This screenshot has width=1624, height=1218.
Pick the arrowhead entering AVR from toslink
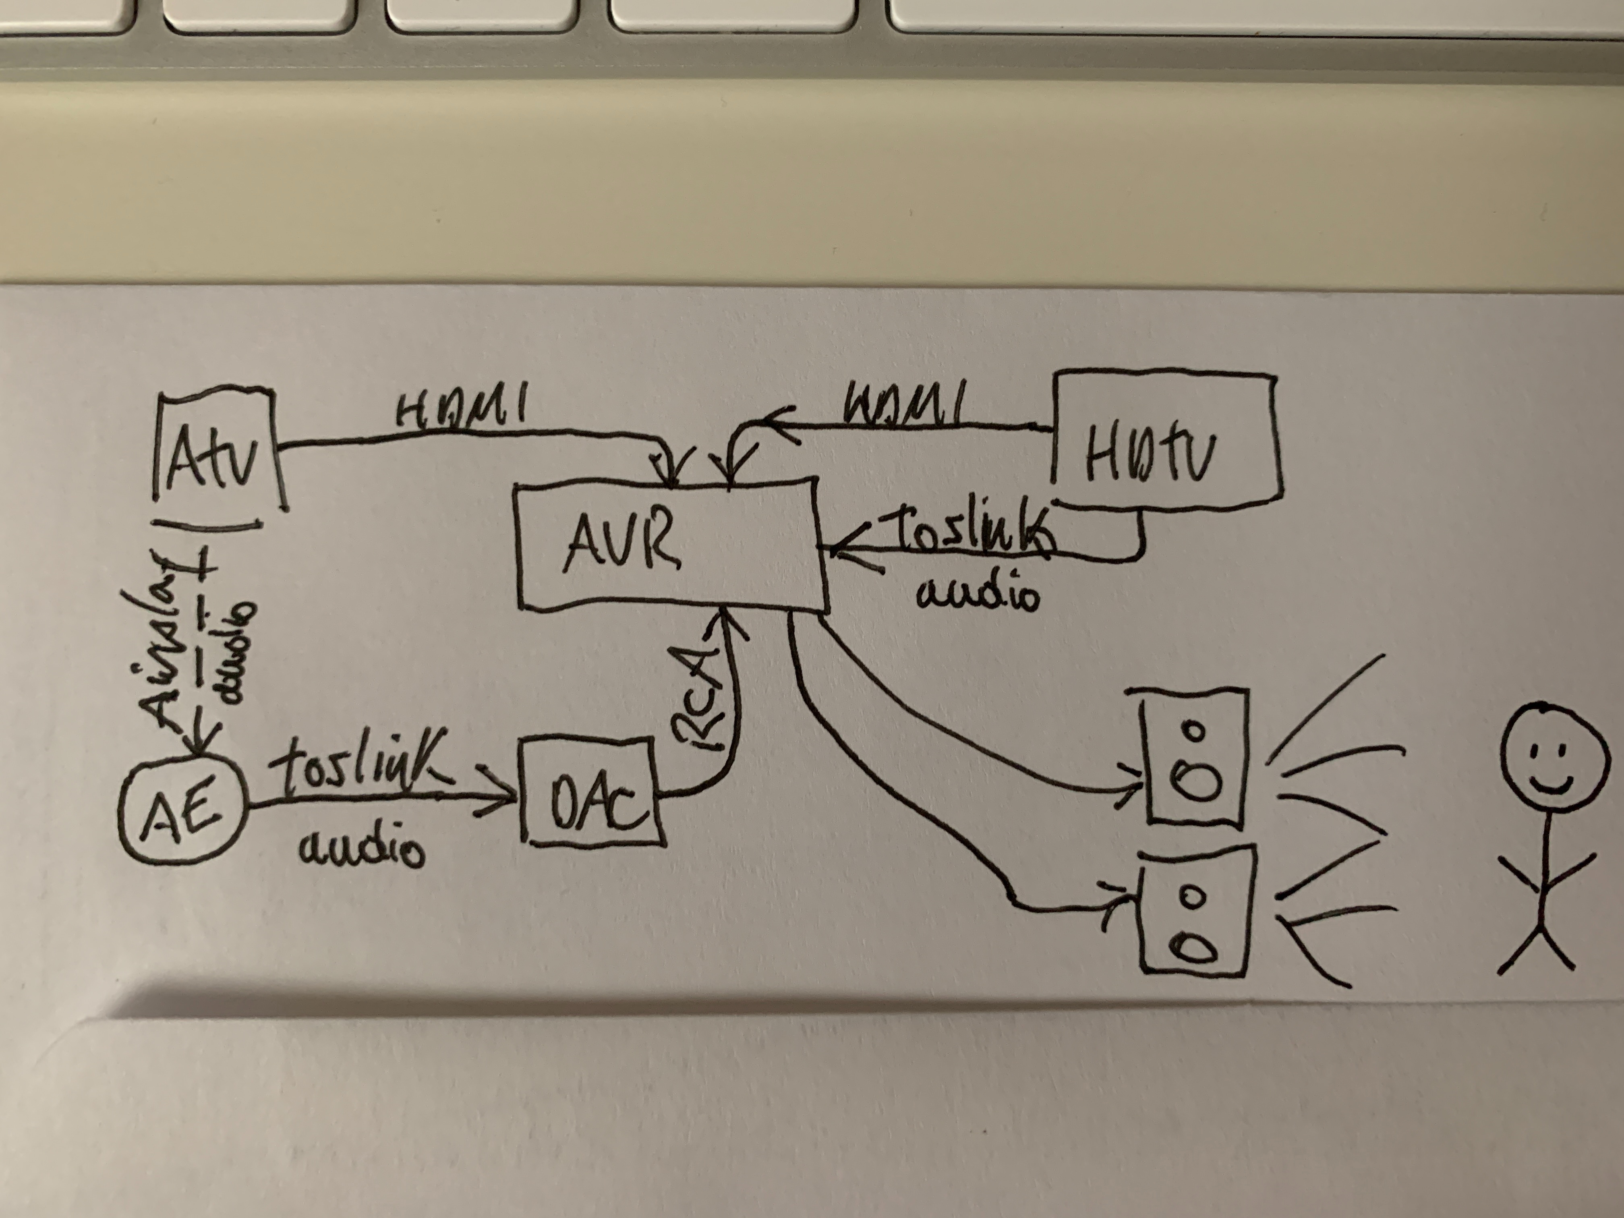[841, 547]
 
